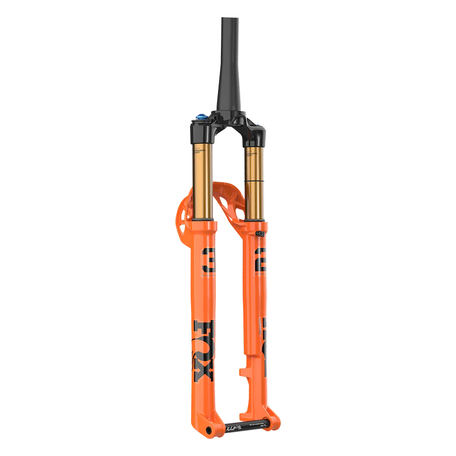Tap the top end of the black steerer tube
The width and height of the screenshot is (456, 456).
[x=227, y=19]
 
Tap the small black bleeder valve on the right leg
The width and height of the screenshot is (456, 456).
[x=259, y=234]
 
